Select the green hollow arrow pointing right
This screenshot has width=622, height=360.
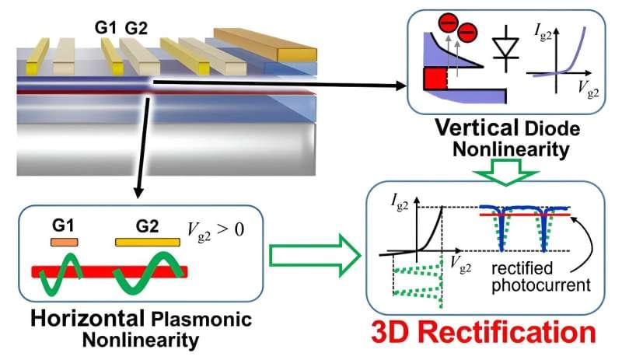[x=305, y=257]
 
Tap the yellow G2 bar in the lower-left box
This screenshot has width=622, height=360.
[x=148, y=243]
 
